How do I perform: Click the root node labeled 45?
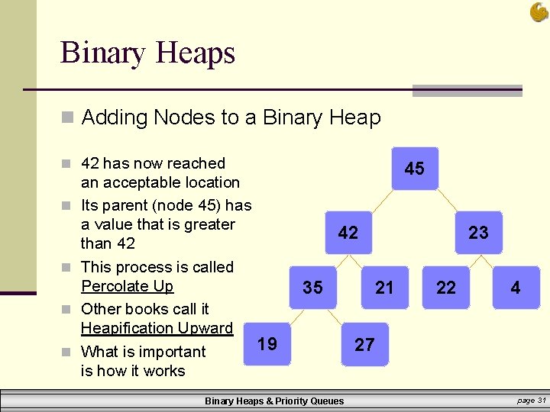point(414,169)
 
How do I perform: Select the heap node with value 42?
point(348,233)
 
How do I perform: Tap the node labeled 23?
point(478,233)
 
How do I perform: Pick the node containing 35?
point(312,288)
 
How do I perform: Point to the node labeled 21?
point(384,288)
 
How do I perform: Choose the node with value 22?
point(445,288)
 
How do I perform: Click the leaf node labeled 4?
point(516,288)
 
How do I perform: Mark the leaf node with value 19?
point(267,344)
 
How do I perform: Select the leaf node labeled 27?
point(364,345)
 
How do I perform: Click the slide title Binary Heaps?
point(147,53)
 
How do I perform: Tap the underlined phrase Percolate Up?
point(127,286)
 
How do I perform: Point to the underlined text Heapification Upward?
point(157,328)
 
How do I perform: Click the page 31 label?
point(530,401)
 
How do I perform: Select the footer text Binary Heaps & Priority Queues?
point(274,401)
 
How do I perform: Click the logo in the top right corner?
point(539,11)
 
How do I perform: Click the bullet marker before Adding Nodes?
point(68,118)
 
